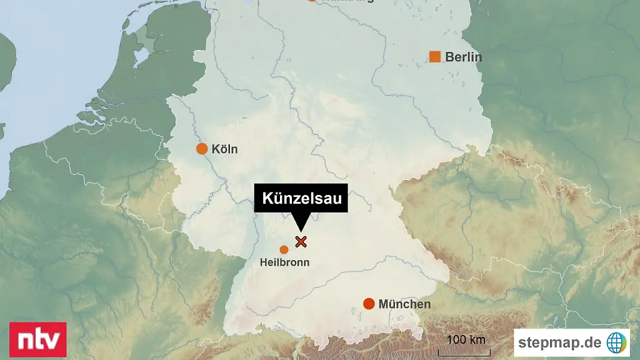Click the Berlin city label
[463, 57]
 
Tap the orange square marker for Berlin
[435, 57]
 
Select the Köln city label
[224, 149]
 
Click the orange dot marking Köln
[202, 149]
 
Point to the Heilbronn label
[284, 262]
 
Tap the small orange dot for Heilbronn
[284, 250]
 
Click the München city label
[404, 304]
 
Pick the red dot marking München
[369, 304]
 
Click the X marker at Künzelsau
[301, 241]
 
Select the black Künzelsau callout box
[301, 199]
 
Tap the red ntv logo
[37, 340]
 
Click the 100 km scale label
[466, 340]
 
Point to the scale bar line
[464, 352]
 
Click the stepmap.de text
[559, 342]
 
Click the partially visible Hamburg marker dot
[312, 1]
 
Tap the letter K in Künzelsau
[266, 199]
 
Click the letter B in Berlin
[449, 57]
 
